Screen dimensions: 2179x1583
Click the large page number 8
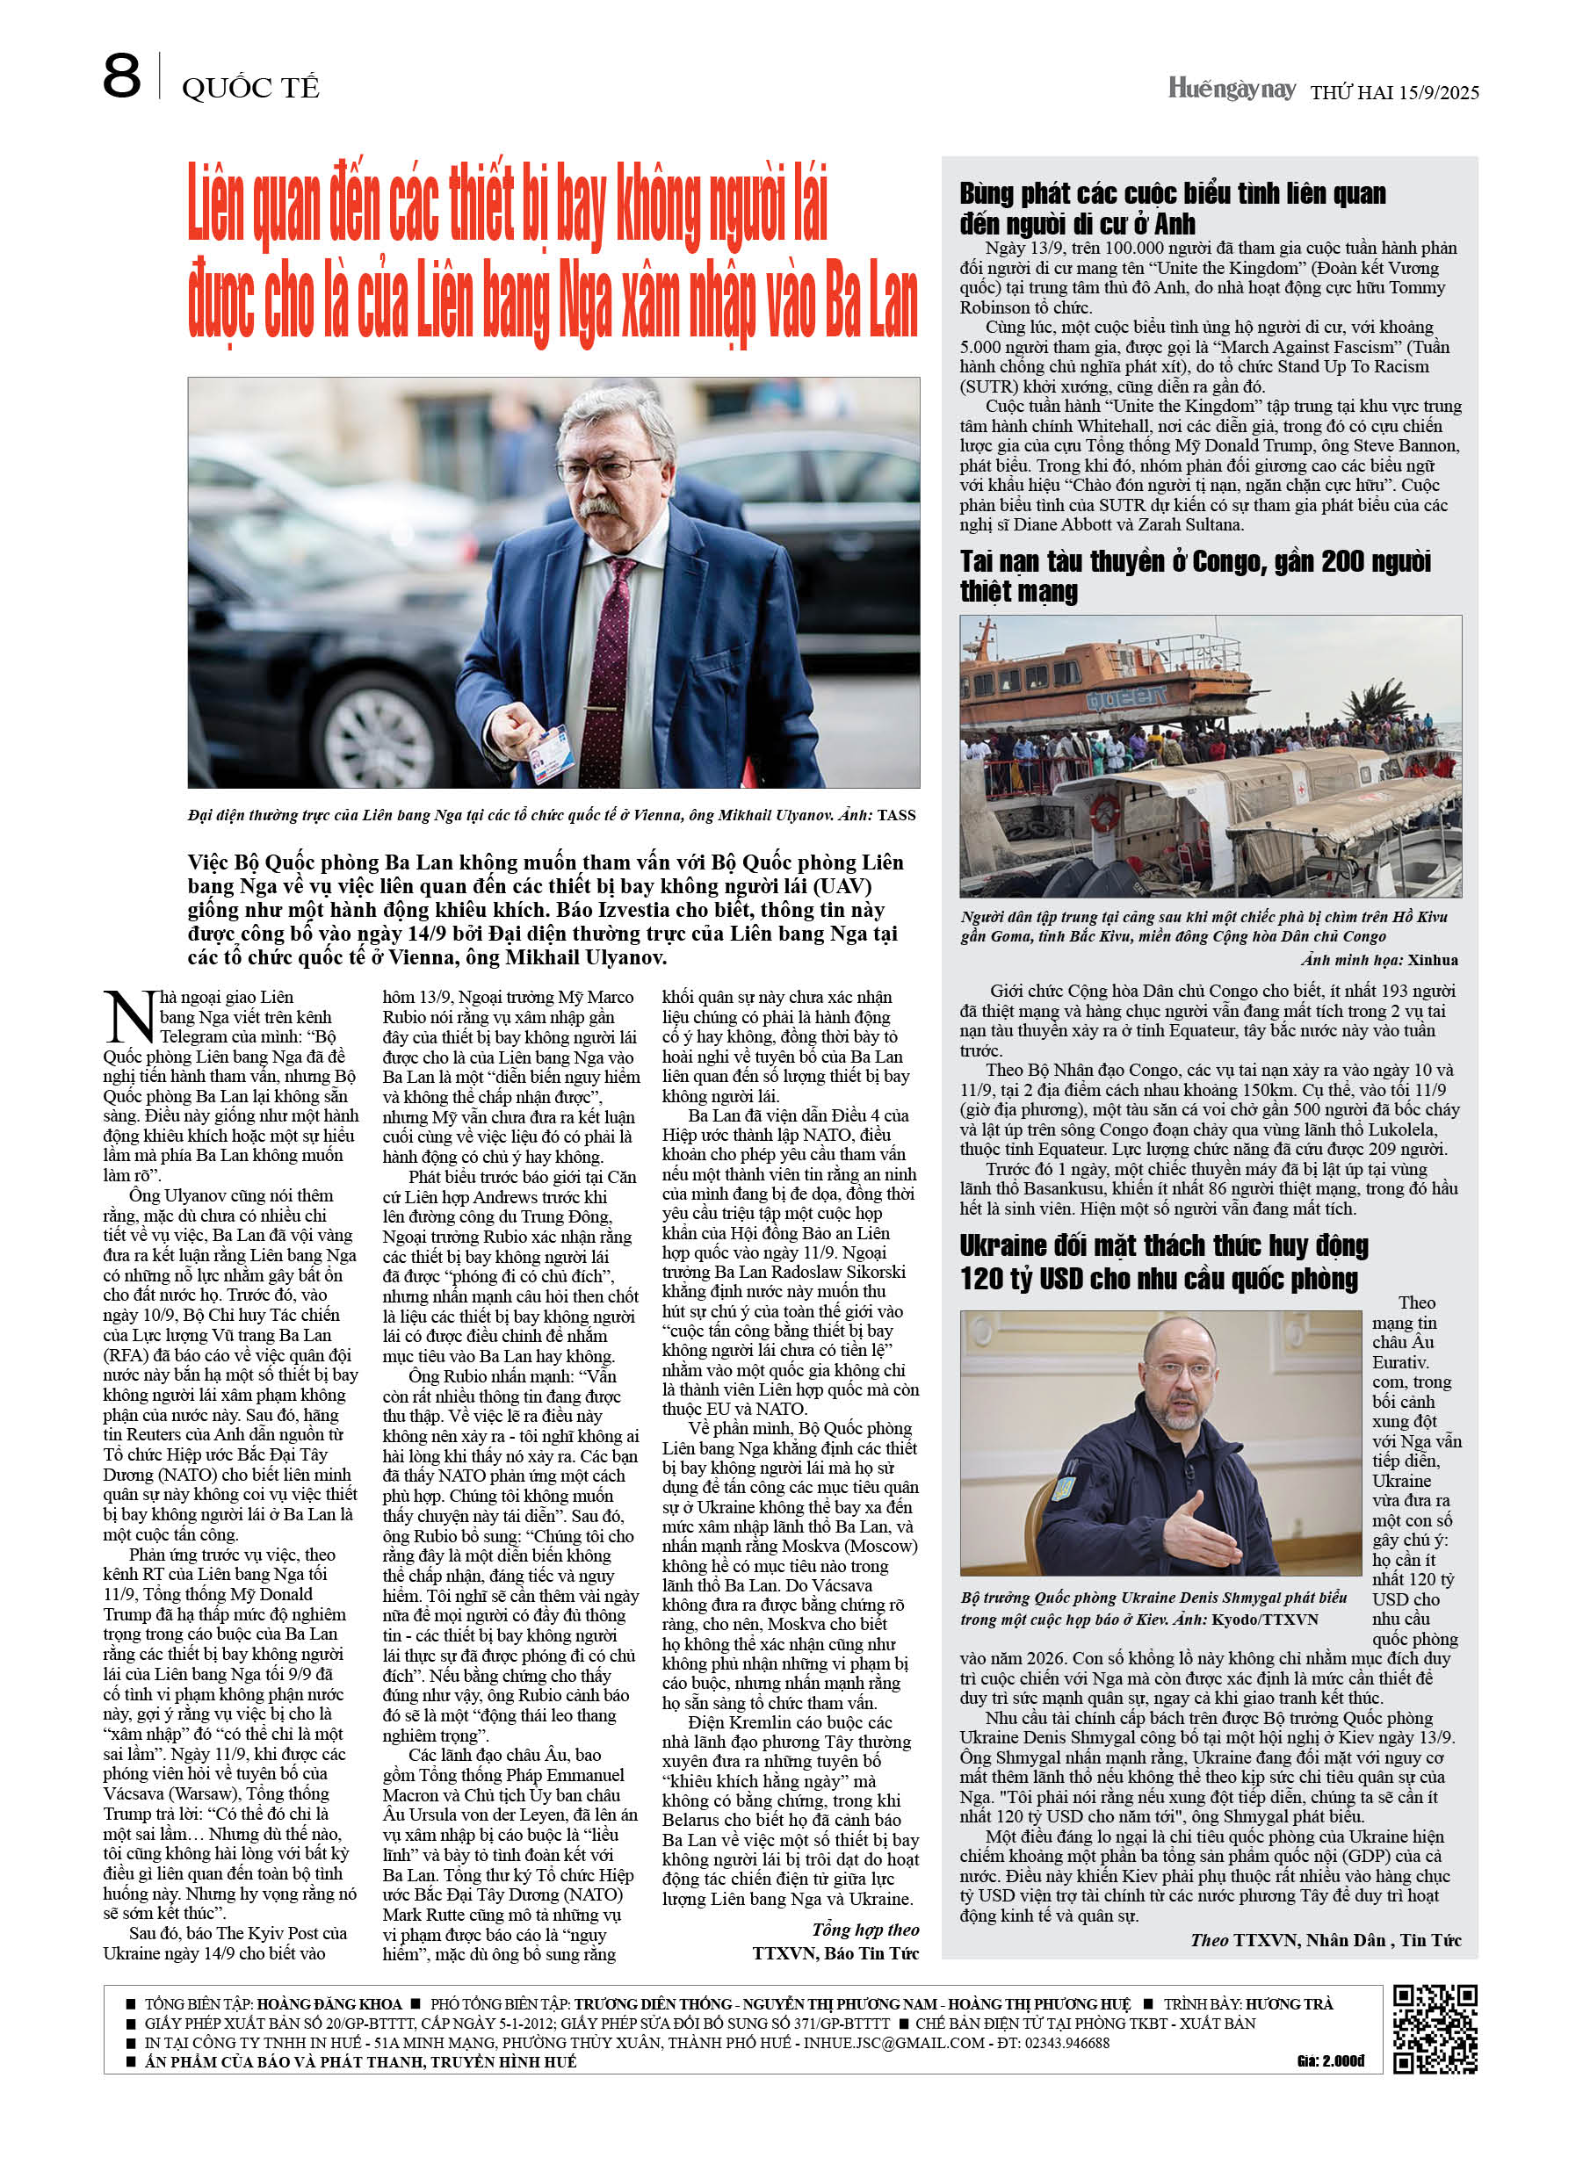[x=121, y=77]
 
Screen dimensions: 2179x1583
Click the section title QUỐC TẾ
[x=249, y=89]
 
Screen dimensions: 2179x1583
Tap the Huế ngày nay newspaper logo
[x=1232, y=90]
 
